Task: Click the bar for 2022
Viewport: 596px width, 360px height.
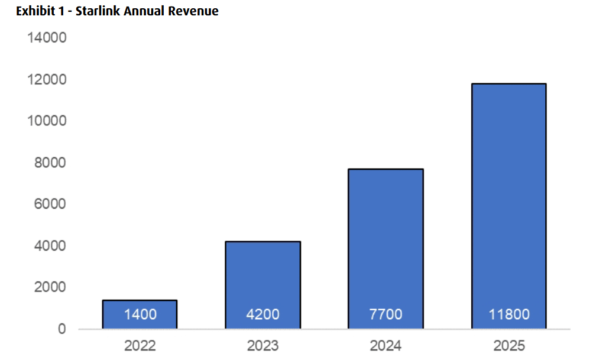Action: (140, 314)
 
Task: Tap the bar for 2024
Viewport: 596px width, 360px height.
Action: (386, 248)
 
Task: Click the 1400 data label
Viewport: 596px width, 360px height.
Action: (140, 314)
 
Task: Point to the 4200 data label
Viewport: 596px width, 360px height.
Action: (263, 314)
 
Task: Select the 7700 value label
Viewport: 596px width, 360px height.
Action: (386, 314)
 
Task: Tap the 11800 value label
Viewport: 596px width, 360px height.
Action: (508, 314)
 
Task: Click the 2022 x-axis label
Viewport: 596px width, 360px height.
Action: (140, 346)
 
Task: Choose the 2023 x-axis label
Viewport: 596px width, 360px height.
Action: (263, 346)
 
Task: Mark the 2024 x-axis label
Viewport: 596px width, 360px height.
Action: (386, 346)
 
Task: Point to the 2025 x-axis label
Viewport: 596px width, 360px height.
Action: (508, 346)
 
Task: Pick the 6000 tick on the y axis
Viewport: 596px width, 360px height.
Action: (50, 204)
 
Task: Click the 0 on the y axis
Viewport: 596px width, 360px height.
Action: (62, 329)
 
